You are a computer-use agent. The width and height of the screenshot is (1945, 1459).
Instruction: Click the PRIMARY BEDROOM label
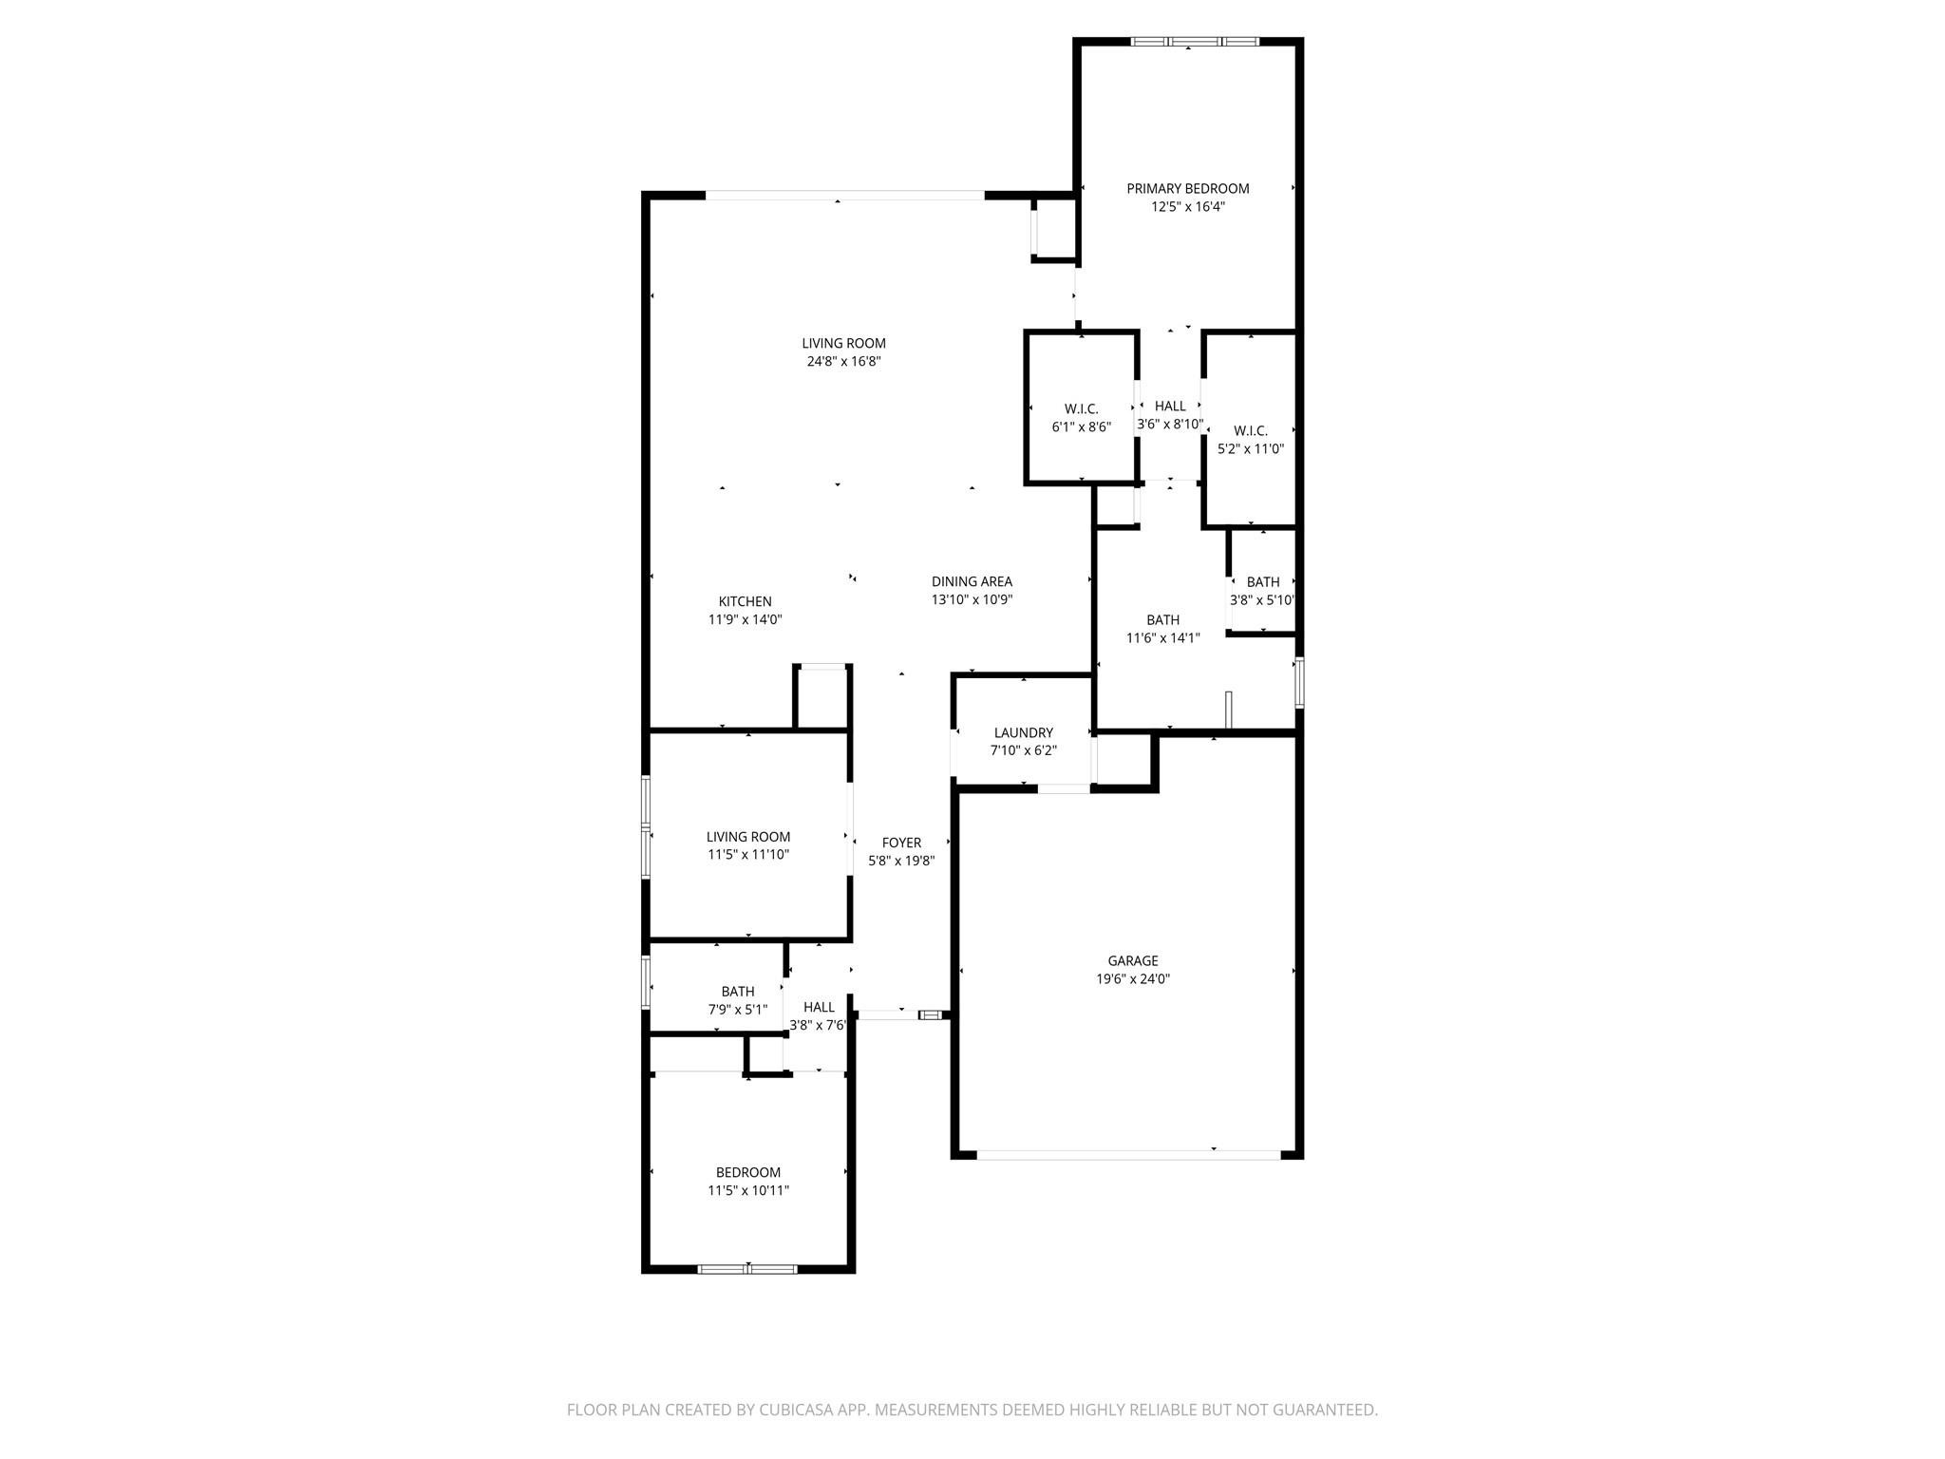pyautogui.click(x=1187, y=188)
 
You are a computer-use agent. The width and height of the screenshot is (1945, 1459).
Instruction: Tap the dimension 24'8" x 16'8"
pyautogui.click(x=843, y=361)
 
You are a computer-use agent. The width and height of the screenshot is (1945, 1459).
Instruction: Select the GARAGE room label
pyautogui.click(x=1132, y=960)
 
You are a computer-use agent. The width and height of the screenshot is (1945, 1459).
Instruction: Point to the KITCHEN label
pyautogui.click(x=745, y=601)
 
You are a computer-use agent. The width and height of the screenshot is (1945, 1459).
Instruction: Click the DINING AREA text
pyautogui.click(x=972, y=581)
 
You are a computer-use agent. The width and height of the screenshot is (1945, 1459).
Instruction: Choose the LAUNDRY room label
pyautogui.click(x=1023, y=732)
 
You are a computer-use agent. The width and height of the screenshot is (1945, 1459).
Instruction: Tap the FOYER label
pyautogui.click(x=901, y=843)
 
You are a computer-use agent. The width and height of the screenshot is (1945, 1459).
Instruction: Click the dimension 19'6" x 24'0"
pyautogui.click(x=1132, y=978)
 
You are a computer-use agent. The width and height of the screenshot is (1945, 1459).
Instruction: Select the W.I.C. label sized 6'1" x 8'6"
pyautogui.click(x=1081, y=408)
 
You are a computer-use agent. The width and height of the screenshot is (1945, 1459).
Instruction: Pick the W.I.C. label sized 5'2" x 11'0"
pyautogui.click(x=1251, y=430)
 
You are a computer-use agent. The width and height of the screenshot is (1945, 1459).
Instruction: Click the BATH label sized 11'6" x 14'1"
pyautogui.click(x=1162, y=619)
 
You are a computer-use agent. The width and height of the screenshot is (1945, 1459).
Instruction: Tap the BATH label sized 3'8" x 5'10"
pyautogui.click(x=1262, y=581)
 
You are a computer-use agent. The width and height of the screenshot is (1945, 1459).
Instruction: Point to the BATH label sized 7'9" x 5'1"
pyautogui.click(x=738, y=991)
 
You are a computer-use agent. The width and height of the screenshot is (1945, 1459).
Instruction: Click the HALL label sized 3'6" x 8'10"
pyautogui.click(x=1170, y=406)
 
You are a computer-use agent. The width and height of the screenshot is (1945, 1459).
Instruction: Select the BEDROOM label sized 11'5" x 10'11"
pyautogui.click(x=748, y=1172)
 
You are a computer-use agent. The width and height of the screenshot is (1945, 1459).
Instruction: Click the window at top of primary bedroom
pyautogui.click(x=1194, y=42)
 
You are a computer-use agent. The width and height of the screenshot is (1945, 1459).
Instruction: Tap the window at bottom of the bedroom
pyautogui.click(x=748, y=1268)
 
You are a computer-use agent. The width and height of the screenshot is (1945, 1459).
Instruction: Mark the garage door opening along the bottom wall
pyautogui.click(x=1128, y=1155)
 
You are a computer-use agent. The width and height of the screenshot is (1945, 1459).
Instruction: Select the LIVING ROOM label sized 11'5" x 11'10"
pyautogui.click(x=748, y=836)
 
